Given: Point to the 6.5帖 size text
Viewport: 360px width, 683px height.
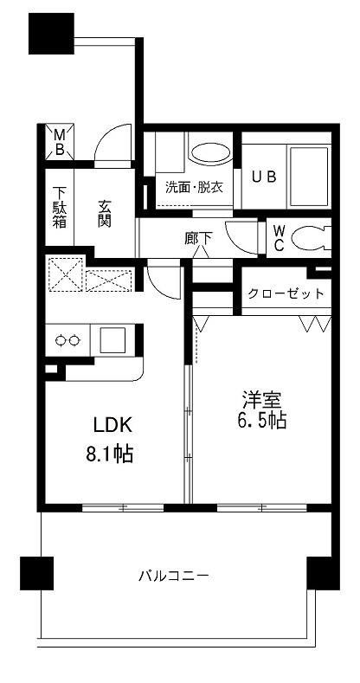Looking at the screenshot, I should (261, 422).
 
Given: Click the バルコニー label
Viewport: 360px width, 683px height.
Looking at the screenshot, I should (174, 574).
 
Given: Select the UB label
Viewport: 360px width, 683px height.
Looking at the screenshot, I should (264, 176).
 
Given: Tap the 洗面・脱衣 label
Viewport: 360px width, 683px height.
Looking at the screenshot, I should (195, 185).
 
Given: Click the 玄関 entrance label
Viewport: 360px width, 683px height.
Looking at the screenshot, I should (105, 213).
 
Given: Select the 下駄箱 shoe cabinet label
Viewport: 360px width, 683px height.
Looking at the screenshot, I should (59, 208).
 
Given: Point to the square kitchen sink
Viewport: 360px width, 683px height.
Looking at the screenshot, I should (112, 339).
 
